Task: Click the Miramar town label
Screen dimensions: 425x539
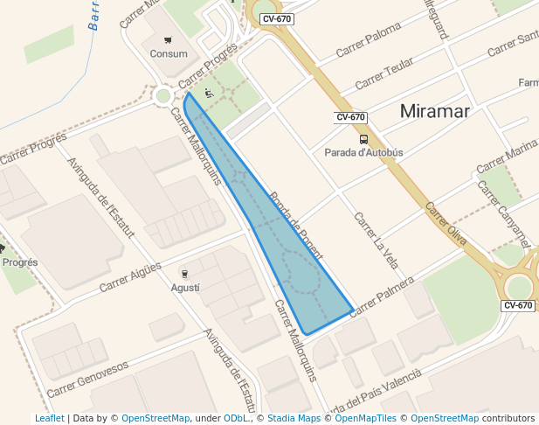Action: (435, 111)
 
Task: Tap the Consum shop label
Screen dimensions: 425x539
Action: (169, 53)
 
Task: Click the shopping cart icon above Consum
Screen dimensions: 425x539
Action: (168, 39)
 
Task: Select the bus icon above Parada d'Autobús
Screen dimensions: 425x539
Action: (363, 139)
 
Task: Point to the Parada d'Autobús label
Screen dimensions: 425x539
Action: (363, 152)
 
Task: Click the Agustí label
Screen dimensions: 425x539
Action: (185, 288)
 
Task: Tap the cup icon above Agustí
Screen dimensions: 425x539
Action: (184, 274)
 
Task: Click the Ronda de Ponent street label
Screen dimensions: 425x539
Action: (296, 226)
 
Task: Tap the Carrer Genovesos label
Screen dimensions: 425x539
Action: (87, 380)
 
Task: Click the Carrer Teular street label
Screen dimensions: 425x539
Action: (384, 75)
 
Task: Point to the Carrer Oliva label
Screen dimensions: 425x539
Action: (446, 224)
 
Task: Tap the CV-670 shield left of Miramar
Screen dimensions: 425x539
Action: (350, 117)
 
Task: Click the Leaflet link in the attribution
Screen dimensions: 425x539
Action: (49, 419)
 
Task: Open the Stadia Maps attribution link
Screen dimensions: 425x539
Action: (294, 419)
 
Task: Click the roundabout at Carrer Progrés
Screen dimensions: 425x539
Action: (162, 95)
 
